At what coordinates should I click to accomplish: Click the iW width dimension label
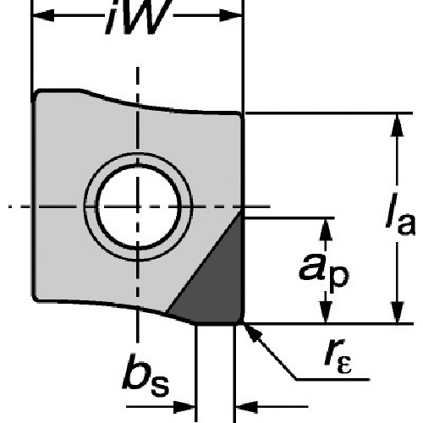tap(139, 17)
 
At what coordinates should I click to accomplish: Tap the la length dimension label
tap(400, 213)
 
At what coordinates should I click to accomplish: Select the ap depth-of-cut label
tap(324, 269)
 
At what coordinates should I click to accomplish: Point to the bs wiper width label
tap(146, 375)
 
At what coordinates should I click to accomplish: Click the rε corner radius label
tap(338, 356)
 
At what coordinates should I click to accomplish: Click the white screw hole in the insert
tap(137, 207)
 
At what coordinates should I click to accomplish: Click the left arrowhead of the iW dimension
tap(43, 15)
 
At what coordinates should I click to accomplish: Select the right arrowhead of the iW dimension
tap(231, 15)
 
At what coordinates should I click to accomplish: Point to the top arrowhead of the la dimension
tap(397, 125)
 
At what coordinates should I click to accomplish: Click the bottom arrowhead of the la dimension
tap(397, 312)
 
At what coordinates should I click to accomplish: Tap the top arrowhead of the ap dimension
tap(326, 229)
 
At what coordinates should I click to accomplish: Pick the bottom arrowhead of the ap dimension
tap(326, 312)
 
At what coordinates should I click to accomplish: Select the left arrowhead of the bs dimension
tap(184, 407)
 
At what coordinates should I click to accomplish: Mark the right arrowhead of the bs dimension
tap(246, 407)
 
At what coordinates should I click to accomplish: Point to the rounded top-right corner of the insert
tap(239, 115)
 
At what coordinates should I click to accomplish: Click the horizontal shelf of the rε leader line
tap(332, 380)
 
